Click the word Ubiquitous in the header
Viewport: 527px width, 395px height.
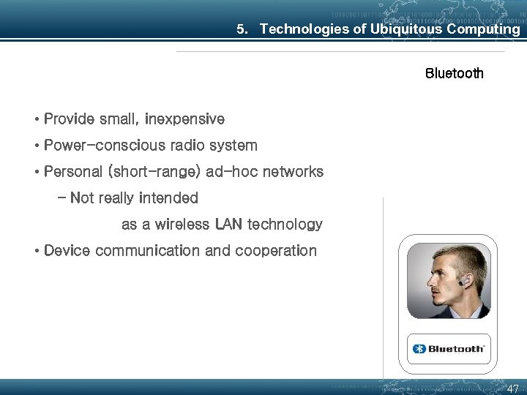pos(405,29)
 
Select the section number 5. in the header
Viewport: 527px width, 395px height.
pos(243,29)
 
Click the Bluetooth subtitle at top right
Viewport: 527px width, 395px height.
pos(454,73)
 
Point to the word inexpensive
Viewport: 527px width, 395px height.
pos(184,118)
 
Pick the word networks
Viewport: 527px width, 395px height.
pos(292,172)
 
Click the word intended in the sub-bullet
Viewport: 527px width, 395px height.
pos(168,198)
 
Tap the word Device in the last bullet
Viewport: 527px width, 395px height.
pos(67,251)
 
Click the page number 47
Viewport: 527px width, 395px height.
pos(512,388)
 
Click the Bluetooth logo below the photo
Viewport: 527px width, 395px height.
pos(448,349)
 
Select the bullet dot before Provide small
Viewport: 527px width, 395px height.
pos(36,119)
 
